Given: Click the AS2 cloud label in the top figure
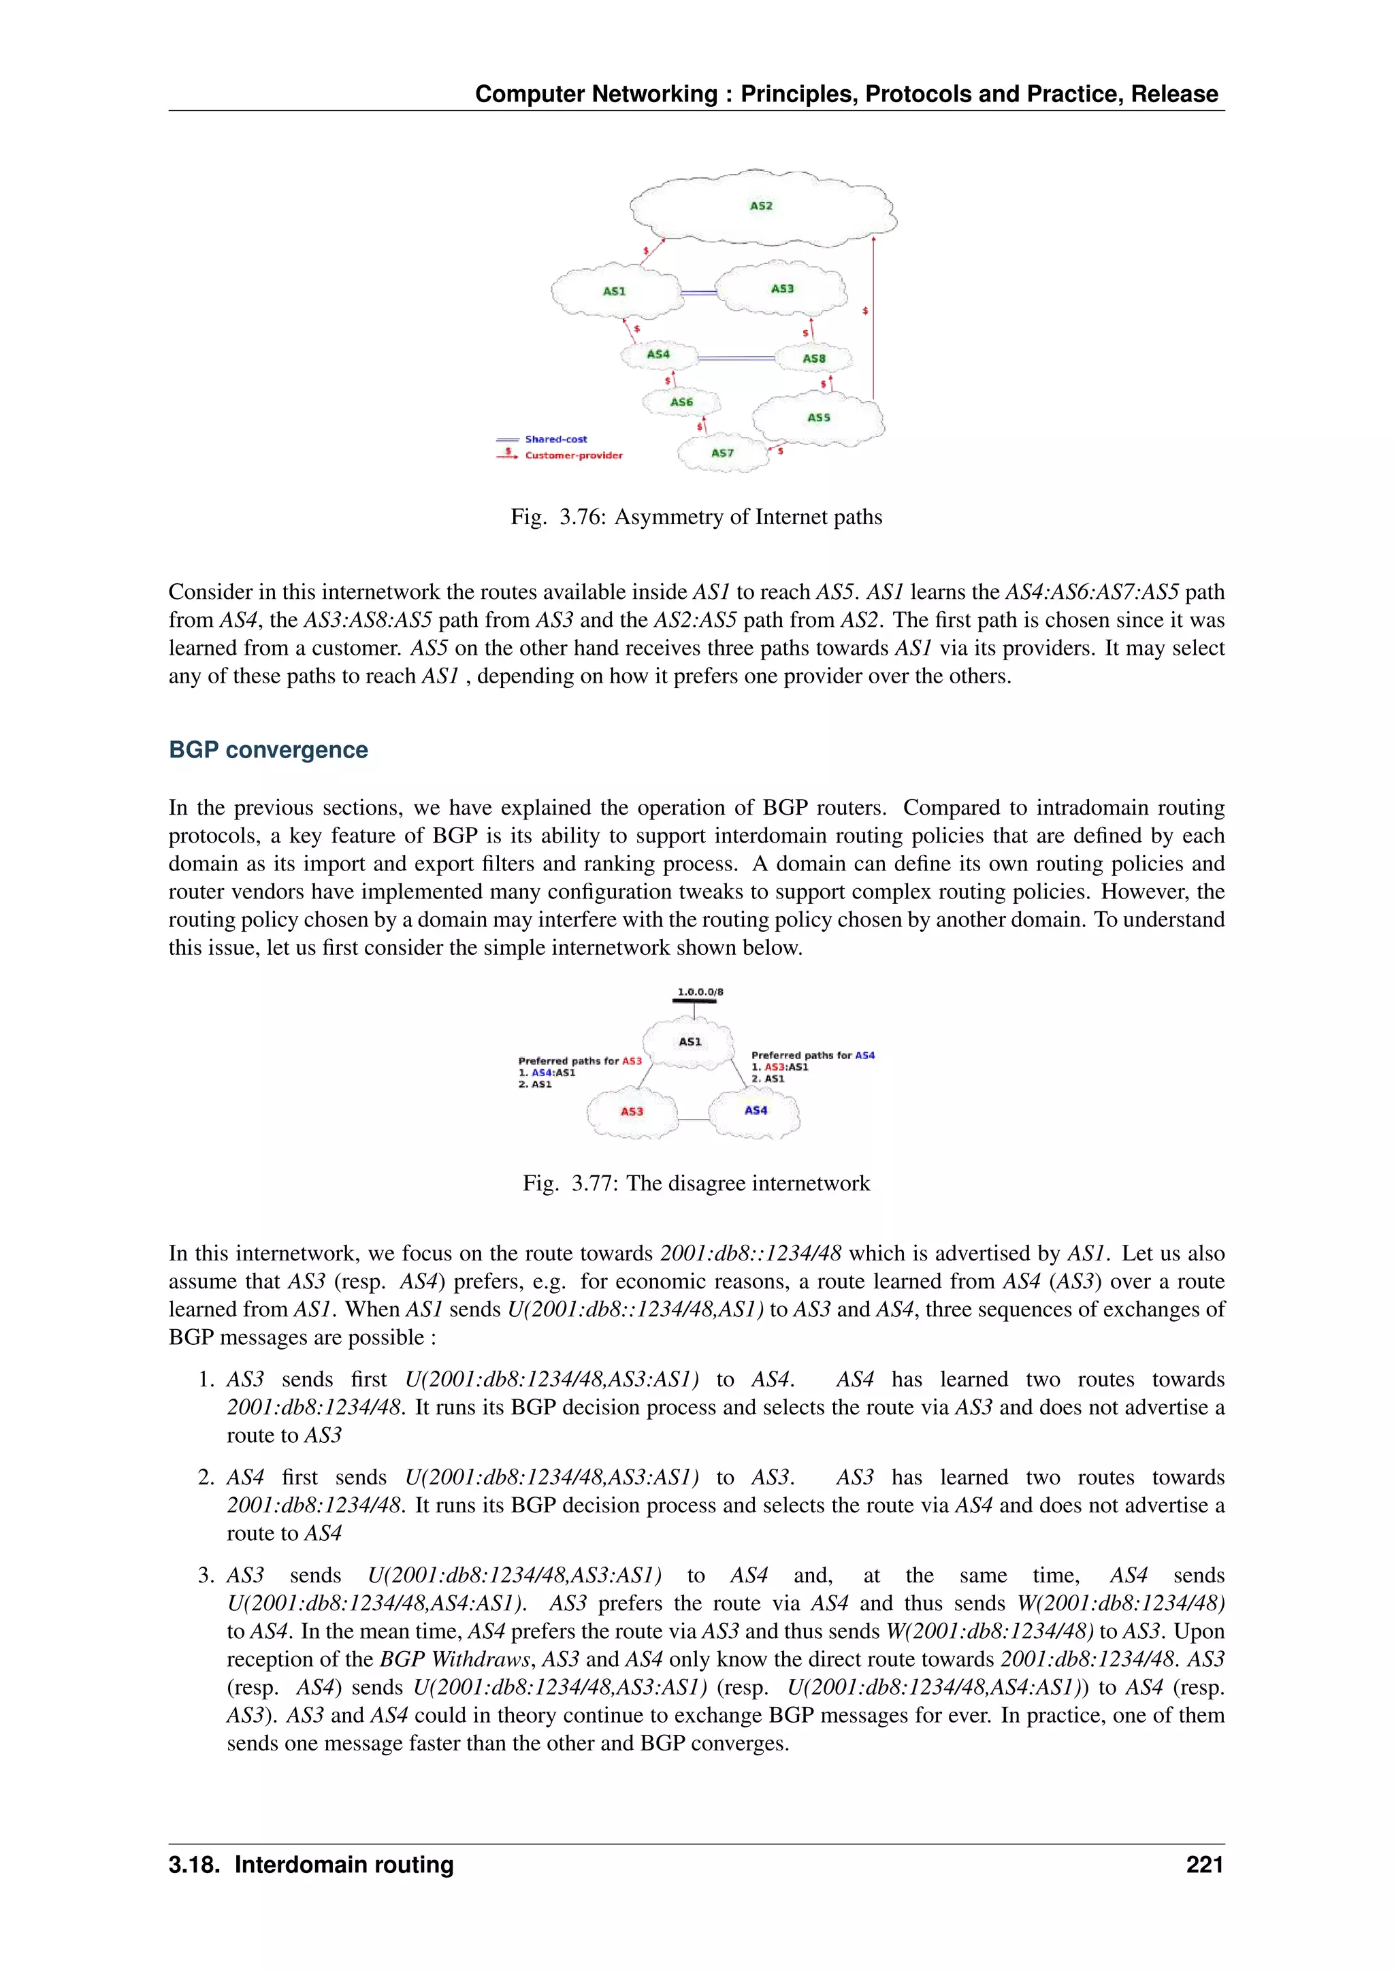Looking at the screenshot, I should tap(760, 206).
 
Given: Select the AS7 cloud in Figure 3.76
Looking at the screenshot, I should tap(722, 453).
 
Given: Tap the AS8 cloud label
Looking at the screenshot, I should tap(814, 358).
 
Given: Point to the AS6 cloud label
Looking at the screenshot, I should tap(681, 402).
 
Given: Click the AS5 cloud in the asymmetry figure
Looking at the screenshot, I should tap(818, 417).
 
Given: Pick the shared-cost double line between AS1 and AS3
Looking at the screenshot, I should tap(698, 293).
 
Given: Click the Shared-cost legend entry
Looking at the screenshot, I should tap(555, 439).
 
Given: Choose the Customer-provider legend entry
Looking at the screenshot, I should tap(572, 455).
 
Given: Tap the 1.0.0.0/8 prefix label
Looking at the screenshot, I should tap(700, 992).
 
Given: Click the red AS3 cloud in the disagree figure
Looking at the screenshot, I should tap(632, 1111).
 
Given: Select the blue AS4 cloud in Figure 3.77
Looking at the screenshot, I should tap(756, 1110).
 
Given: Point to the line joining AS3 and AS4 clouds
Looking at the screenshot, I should tap(694, 1120).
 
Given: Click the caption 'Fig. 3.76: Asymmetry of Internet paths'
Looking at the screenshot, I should tap(696, 517).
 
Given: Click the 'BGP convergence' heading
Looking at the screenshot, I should tap(268, 749).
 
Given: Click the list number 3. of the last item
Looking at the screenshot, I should tap(206, 1576).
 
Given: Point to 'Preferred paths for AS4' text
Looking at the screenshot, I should tap(812, 1055).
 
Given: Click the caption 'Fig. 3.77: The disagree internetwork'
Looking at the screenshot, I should tap(696, 1183).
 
